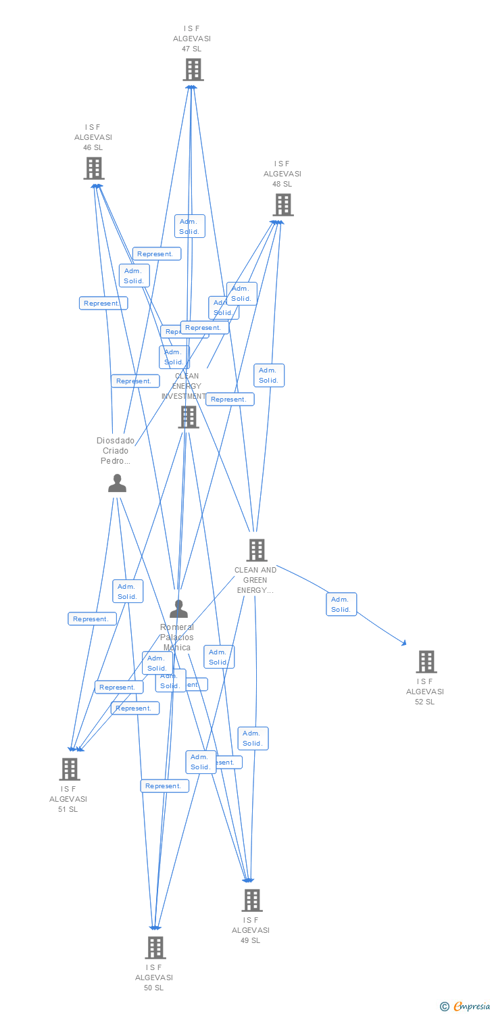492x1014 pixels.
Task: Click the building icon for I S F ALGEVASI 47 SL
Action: [x=193, y=70]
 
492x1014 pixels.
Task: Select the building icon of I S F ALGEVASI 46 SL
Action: [x=94, y=168]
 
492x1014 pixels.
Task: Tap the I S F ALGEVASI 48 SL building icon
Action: [x=282, y=205]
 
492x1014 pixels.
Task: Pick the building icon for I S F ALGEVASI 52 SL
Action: [x=426, y=662]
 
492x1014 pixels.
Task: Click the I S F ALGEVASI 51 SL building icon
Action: [x=69, y=769]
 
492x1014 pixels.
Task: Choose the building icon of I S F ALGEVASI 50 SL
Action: [x=155, y=948]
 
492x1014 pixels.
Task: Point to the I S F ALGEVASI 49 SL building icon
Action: [x=251, y=900]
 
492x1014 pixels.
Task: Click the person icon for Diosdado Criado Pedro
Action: [x=117, y=483]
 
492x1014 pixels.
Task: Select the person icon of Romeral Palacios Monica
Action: [x=178, y=609]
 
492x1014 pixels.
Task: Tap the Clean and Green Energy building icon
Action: [x=256, y=550]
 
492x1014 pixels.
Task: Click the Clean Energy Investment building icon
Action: [x=188, y=417]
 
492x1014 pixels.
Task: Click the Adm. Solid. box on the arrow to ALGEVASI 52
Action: [x=341, y=604]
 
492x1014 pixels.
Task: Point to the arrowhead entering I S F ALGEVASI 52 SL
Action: [x=404, y=644]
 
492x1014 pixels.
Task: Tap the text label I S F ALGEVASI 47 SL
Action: [x=192, y=39]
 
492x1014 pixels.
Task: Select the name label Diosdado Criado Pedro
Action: [x=116, y=451]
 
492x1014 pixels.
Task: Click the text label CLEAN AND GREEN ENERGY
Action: [x=255, y=580]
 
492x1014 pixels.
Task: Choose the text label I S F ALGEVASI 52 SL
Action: [x=425, y=692]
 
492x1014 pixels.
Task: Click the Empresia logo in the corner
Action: [x=465, y=1007]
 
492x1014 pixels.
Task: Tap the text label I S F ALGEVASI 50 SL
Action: [x=154, y=977]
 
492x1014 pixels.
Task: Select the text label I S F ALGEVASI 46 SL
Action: [x=93, y=137]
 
